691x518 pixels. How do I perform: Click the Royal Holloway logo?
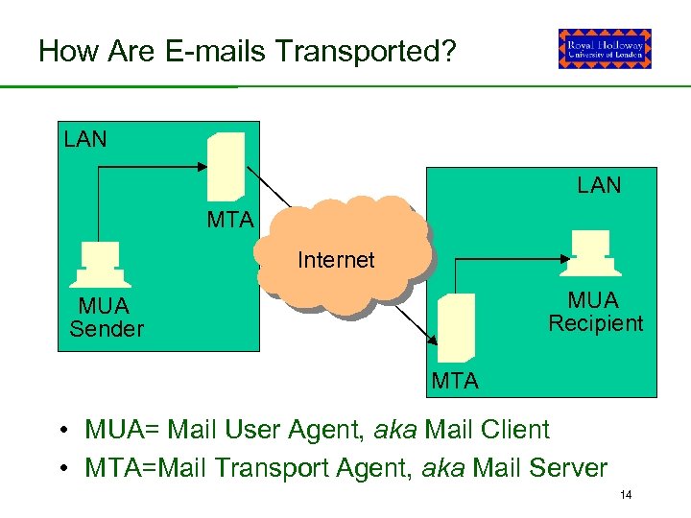pyautogui.click(x=605, y=48)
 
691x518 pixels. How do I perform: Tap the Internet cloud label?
pyautogui.click(x=336, y=260)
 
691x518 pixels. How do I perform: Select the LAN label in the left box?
pyautogui.click(x=85, y=140)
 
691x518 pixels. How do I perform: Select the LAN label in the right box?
pyautogui.click(x=599, y=185)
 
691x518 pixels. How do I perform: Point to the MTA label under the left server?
pyautogui.click(x=230, y=221)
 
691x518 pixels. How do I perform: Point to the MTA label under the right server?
pyautogui.click(x=455, y=382)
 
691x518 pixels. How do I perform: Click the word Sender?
pyautogui.click(x=107, y=329)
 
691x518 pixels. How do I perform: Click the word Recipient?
pyautogui.click(x=595, y=323)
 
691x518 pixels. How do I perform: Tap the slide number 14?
pyautogui.click(x=626, y=495)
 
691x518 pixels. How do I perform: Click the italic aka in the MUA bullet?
pyautogui.click(x=392, y=430)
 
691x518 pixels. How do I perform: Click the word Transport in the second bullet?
pyautogui.click(x=273, y=468)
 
